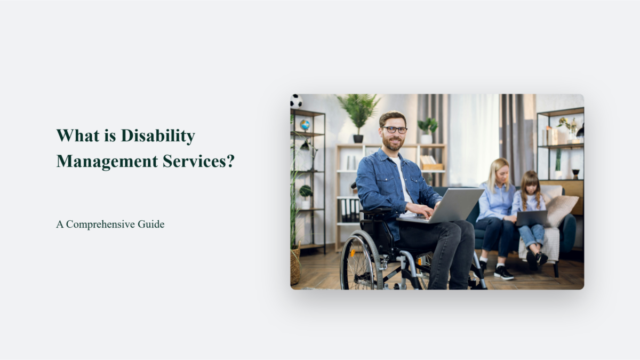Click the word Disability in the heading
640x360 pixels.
coord(158,136)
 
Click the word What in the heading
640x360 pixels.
coord(72,135)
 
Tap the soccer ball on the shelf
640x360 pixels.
coord(296,101)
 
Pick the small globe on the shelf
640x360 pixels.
coord(305,125)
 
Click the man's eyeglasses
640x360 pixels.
coord(394,130)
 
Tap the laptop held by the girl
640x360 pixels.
coord(531,218)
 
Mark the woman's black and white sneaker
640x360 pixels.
coord(503,273)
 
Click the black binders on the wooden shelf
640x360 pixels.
coord(350,210)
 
